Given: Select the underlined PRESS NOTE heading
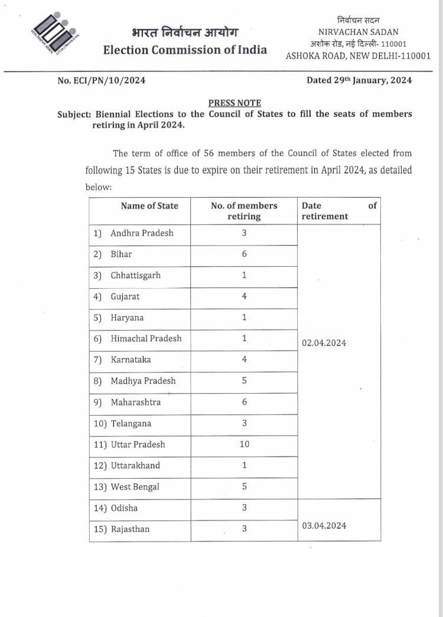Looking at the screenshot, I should tap(234, 103).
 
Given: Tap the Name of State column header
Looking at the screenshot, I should tap(149, 206).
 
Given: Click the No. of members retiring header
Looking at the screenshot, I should tap(244, 211).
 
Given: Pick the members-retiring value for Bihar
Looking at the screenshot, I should tap(244, 254).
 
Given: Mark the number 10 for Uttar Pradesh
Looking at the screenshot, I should tap(244, 443).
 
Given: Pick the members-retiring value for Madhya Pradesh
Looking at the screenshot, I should tap(244, 381).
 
